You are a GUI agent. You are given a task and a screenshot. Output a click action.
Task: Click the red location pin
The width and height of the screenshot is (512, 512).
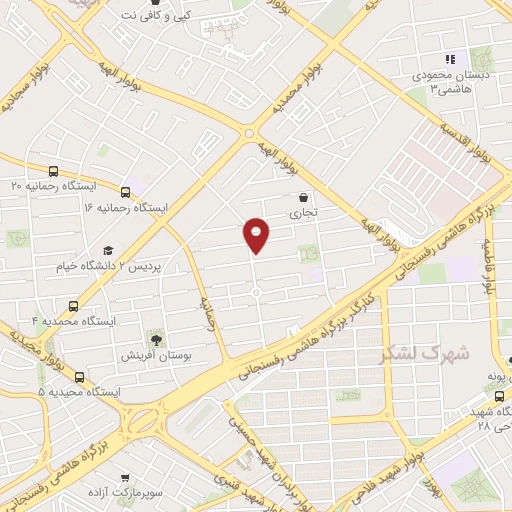click(257, 234)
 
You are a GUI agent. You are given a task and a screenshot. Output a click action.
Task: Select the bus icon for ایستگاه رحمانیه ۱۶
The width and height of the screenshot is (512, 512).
click(125, 191)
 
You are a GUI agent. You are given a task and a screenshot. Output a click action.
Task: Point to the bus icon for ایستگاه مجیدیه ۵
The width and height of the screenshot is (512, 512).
click(79, 378)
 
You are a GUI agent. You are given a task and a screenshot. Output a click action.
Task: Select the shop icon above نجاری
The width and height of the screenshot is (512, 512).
click(303, 197)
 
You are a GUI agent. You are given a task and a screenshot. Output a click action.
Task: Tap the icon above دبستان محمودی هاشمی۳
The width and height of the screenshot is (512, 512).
click(450, 59)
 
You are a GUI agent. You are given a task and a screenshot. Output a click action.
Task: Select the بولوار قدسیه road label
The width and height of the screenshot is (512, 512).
click(466, 136)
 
